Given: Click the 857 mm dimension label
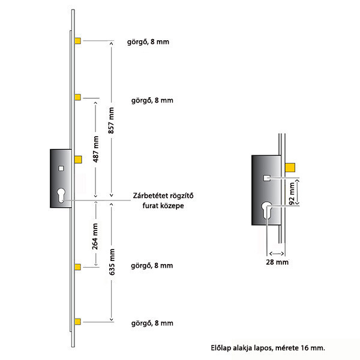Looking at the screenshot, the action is click(111, 121).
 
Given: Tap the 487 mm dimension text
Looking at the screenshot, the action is click(95, 149).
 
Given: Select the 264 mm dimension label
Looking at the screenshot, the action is click(95, 236).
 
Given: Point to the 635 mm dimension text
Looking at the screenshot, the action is click(112, 262).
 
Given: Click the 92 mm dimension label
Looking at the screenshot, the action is click(292, 193).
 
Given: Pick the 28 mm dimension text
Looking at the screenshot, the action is click(277, 262).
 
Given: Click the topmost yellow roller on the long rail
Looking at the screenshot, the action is click(77, 41).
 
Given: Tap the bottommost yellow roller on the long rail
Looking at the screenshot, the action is click(77, 322).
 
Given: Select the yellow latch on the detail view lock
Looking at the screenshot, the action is click(290, 167).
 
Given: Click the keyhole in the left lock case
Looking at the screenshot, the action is click(61, 195).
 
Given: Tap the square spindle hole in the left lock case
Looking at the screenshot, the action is click(61, 169).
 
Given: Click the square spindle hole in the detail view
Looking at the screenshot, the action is click(266, 178).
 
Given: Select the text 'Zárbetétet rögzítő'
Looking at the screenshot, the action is click(163, 196).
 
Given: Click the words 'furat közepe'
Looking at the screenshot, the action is click(163, 205).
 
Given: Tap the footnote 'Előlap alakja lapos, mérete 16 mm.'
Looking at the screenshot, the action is click(268, 348).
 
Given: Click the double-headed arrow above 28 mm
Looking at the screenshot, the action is click(277, 253).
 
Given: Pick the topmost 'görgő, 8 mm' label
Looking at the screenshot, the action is click(148, 42).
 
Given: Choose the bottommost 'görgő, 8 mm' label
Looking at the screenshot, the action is click(152, 323).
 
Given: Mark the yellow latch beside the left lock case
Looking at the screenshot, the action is click(78, 160).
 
